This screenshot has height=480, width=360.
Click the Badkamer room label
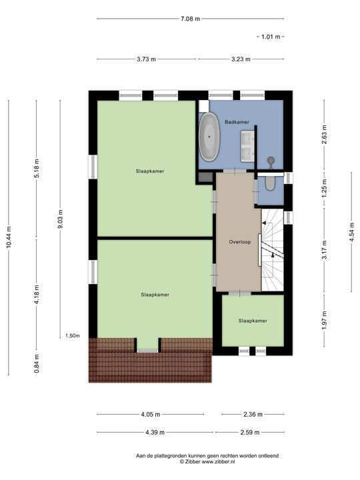pos(237,122)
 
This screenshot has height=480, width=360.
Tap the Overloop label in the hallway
pos(240,242)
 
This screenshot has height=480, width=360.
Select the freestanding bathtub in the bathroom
pos(209,137)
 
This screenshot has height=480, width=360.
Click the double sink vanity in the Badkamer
pos(247,146)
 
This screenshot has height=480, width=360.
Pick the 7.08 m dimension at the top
pos(190,19)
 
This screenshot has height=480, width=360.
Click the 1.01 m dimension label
pos(271,37)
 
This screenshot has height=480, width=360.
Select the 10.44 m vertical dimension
pos(9,237)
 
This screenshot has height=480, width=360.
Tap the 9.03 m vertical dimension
pos(60,219)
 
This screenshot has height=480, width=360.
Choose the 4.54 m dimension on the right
pos(352,232)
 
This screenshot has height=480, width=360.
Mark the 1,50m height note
pos(73,336)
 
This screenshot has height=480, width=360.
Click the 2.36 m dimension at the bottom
pos(253,415)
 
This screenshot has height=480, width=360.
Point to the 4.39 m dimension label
pos(155,433)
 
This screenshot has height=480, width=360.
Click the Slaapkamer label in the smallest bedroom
pos(253,321)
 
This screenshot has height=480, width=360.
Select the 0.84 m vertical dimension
pos(37,363)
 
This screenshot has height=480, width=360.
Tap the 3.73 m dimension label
pos(146,59)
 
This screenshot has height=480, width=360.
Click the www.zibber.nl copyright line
pos(207,461)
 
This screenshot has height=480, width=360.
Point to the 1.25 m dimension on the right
pos(325,188)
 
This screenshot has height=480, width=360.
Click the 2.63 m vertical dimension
pos(325,135)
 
